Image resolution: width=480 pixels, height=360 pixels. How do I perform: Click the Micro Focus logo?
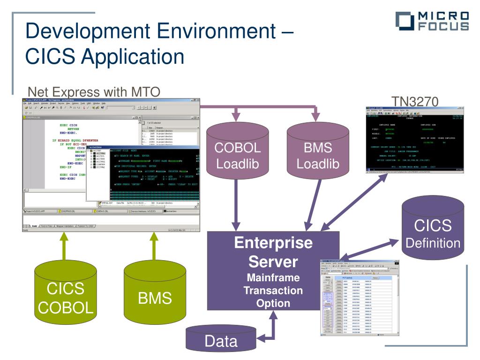tap(432, 22)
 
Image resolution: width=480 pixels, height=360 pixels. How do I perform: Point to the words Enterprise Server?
tap(273, 252)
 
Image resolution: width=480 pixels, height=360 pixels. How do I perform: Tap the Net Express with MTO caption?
tap(94, 91)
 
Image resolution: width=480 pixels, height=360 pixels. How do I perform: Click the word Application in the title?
tap(132, 57)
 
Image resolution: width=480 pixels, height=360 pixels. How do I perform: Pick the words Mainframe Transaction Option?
tap(273, 290)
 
